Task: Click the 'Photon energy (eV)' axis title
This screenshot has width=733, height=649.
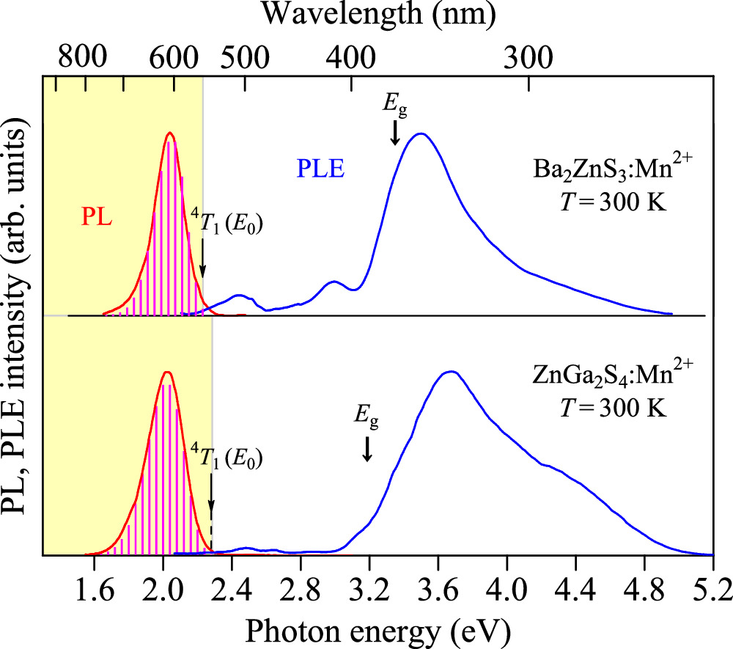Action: (x=378, y=628)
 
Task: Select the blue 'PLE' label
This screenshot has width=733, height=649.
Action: (x=320, y=169)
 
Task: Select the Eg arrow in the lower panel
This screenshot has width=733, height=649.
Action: (x=367, y=449)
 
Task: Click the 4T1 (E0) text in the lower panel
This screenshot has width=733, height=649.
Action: (x=226, y=456)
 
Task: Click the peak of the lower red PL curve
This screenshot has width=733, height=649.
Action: (x=166, y=373)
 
